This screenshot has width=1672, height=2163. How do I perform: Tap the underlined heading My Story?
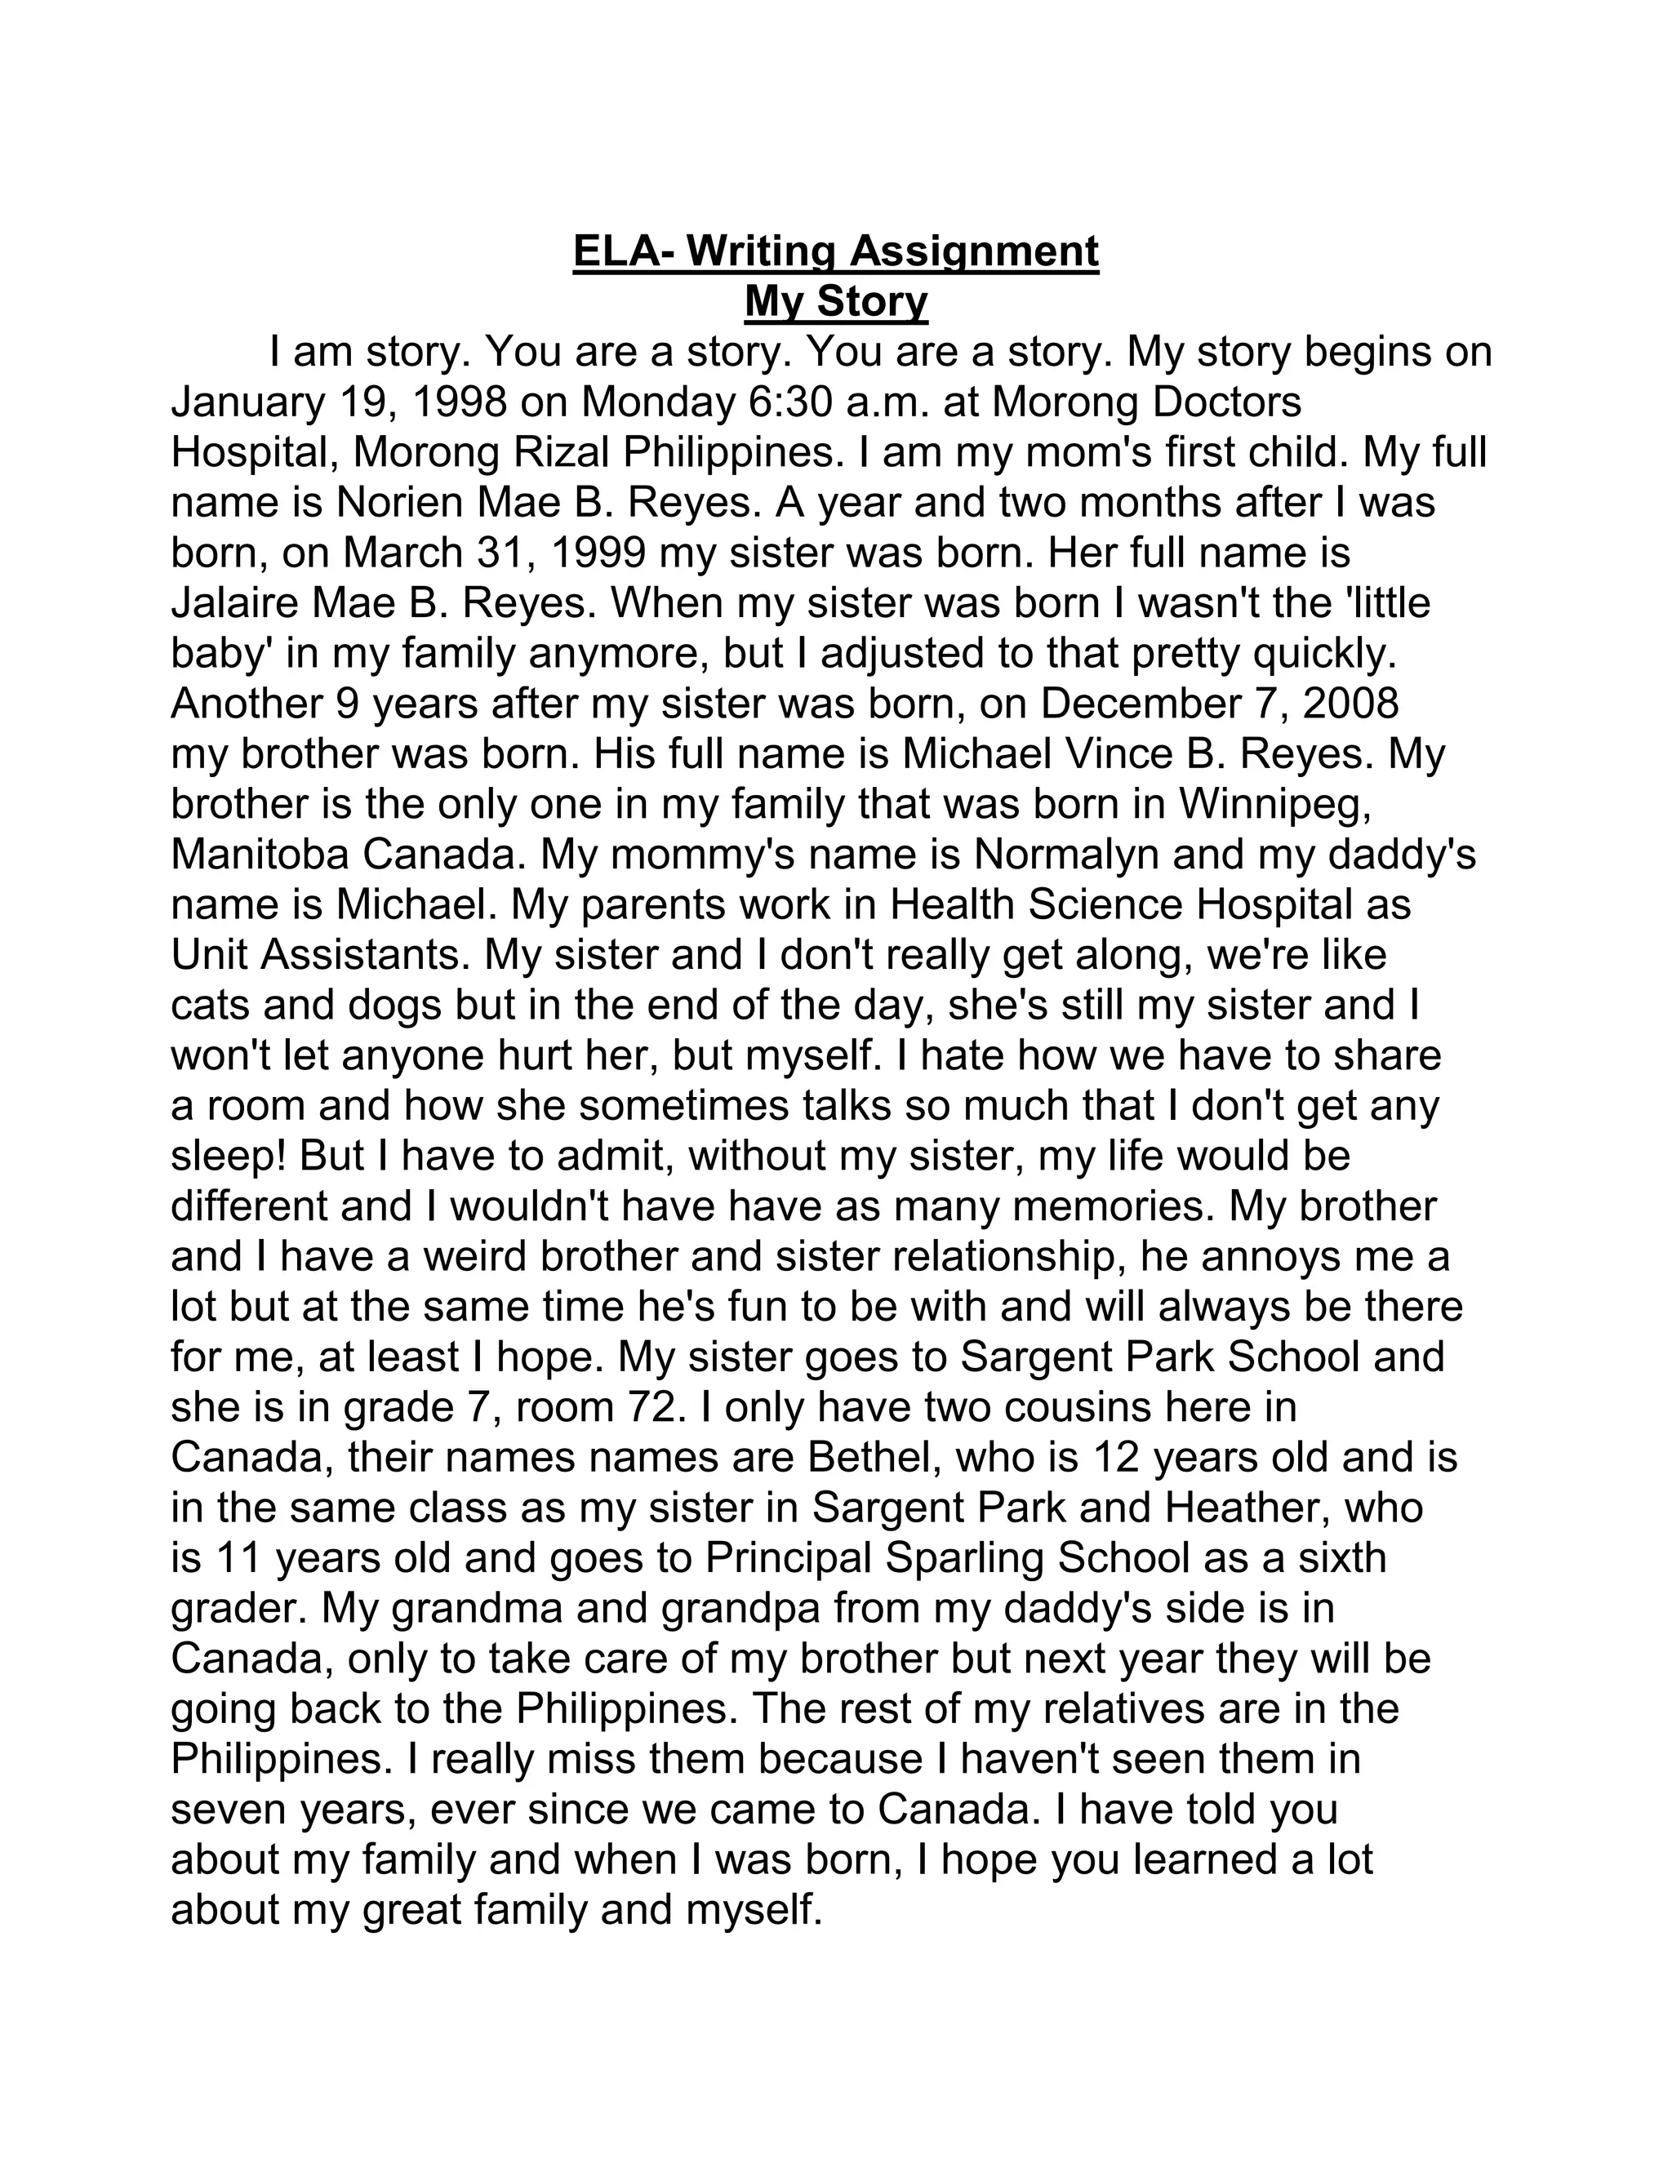(x=836, y=301)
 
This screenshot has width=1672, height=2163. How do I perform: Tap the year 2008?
(x=1351, y=703)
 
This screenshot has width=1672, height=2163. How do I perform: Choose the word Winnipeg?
(x=1274, y=804)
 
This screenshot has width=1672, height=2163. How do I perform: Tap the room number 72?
(x=647, y=1408)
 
